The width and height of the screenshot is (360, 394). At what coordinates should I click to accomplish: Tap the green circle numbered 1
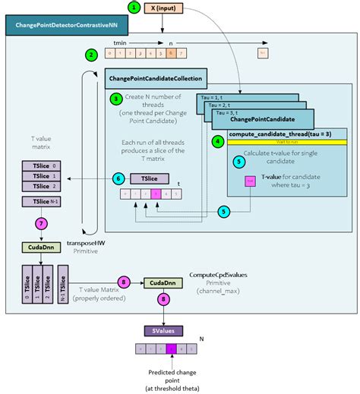coord(134,9)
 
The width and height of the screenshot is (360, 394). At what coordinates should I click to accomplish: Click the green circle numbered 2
coord(91,55)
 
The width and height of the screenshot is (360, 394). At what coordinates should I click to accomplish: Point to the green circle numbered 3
coord(115,99)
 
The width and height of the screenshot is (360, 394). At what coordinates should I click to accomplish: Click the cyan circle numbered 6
coord(118,178)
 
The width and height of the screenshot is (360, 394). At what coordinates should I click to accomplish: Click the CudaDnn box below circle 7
coord(42,247)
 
